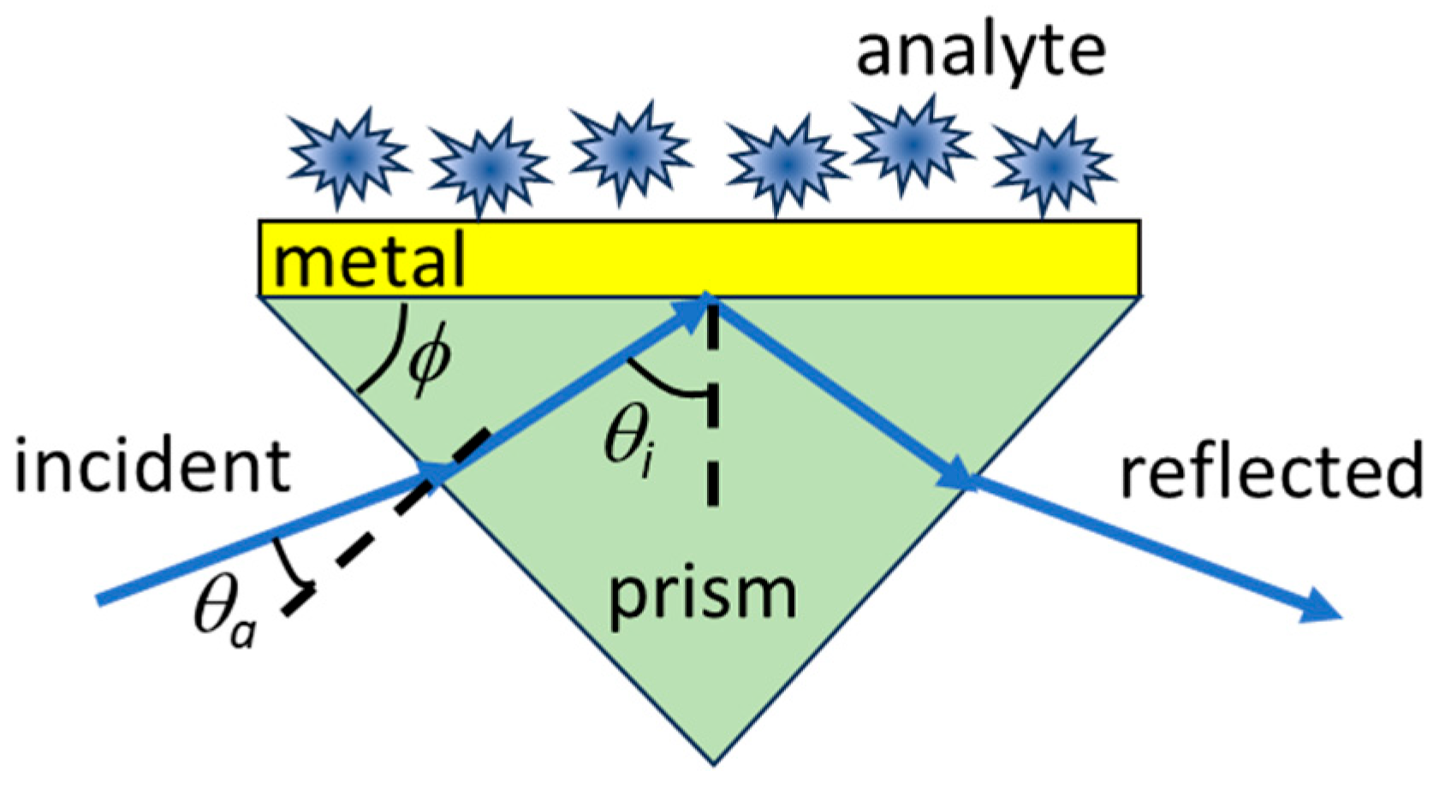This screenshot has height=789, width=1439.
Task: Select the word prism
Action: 702,594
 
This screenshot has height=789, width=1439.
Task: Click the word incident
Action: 152,467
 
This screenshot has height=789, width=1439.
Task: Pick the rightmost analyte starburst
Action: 1054,165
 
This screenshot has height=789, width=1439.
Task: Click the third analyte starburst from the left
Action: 630,151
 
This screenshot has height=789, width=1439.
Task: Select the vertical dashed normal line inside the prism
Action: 711,411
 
